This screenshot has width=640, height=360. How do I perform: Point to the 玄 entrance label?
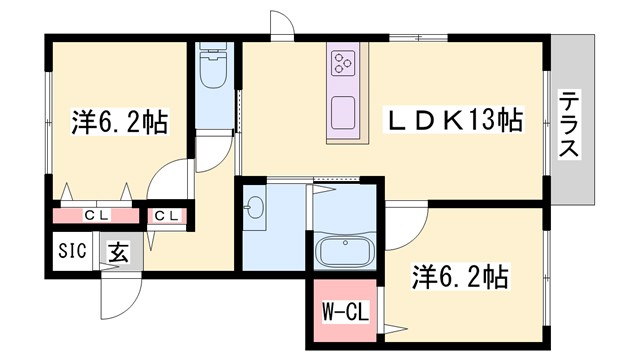tap(118, 253)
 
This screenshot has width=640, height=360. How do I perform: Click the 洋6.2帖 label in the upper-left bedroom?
tap(118, 122)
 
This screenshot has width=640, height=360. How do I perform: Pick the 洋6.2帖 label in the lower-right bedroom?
tap(460, 276)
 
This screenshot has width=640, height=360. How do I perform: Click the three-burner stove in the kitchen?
tap(343, 63)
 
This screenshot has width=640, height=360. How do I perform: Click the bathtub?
tap(344, 252)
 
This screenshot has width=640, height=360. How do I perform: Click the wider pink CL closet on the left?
tap(96, 215)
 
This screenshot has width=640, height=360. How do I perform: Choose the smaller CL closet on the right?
tap(166, 215)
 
